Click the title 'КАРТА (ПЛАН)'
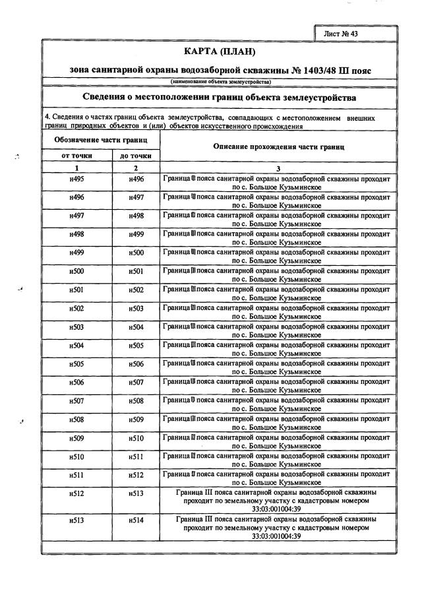219,51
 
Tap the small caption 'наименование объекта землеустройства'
220,82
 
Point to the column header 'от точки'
76,156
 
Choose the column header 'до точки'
135,156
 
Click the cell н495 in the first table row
76,179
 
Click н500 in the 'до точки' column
136,253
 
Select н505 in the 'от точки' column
76,363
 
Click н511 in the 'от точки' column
76,474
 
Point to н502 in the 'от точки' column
76,308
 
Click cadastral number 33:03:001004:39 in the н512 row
277,508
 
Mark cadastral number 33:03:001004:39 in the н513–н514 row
277,536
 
